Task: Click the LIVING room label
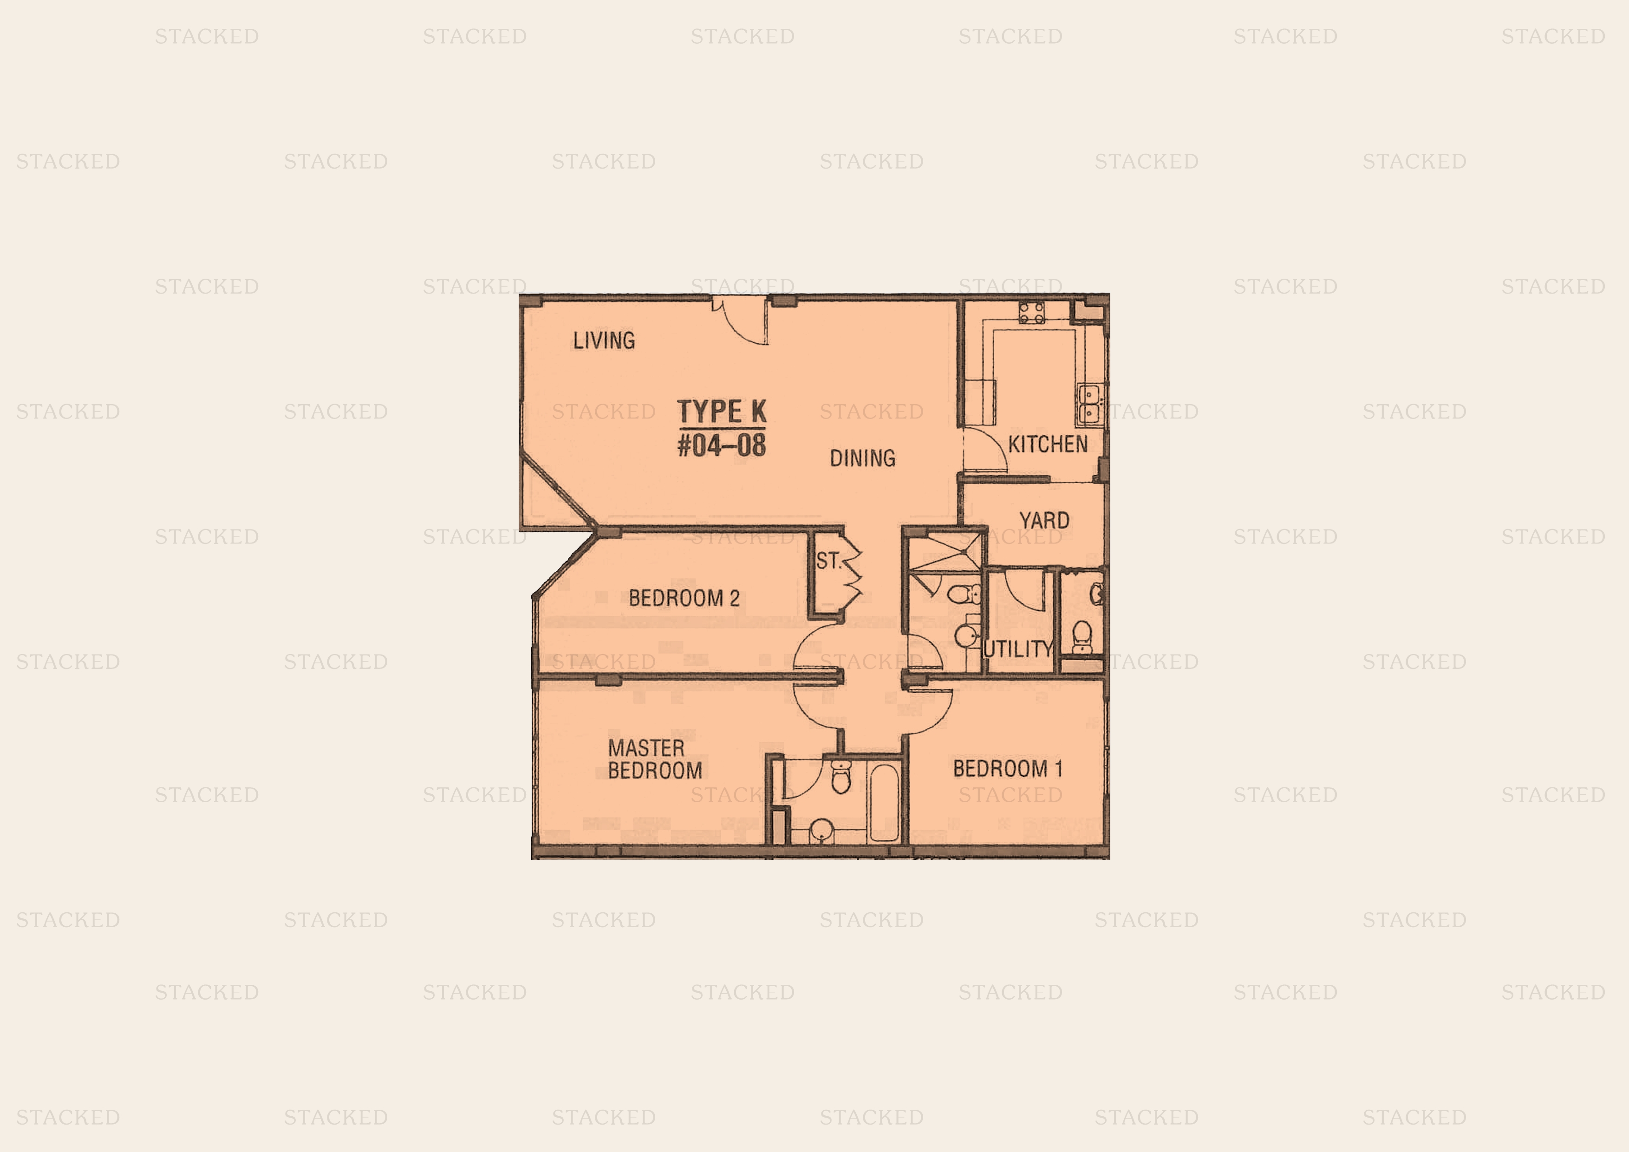pyautogui.click(x=604, y=340)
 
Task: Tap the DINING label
pyautogui.click(x=863, y=458)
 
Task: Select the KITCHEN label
pyautogui.click(x=1048, y=445)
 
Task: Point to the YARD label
pyautogui.click(x=1044, y=520)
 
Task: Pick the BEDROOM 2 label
pyautogui.click(x=684, y=598)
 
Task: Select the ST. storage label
pyautogui.click(x=828, y=561)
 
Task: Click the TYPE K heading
pyautogui.click(x=722, y=412)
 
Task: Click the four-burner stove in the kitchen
pyautogui.click(x=1032, y=312)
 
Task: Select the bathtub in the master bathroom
pyautogui.click(x=884, y=802)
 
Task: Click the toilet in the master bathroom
pyautogui.click(x=841, y=777)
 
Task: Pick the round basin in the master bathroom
pyautogui.click(x=821, y=831)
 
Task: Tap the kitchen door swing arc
pyautogui.click(x=985, y=449)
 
